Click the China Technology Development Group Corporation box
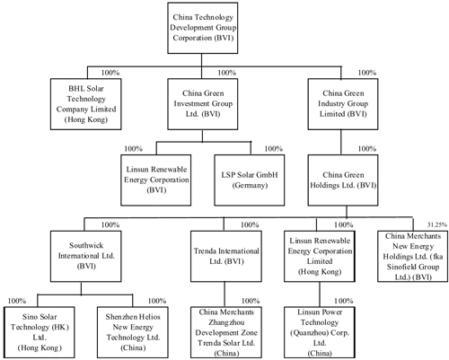click(x=203, y=28)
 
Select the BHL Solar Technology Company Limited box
click(x=86, y=104)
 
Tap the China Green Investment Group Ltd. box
click(x=203, y=104)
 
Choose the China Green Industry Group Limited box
click(x=343, y=104)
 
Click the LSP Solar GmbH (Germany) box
click(x=250, y=180)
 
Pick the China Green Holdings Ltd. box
click(x=343, y=180)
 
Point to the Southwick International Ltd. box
click(x=86, y=256)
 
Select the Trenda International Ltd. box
click(x=226, y=256)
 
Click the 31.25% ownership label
click(x=437, y=224)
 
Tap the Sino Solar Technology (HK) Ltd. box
click(x=40, y=332)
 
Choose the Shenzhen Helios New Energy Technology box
click(x=133, y=332)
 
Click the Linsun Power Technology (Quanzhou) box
click(x=320, y=332)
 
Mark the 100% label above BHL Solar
click(x=110, y=73)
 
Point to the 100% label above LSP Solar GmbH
click(x=274, y=149)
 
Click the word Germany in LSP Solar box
click(x=250, y=186)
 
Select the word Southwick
click(x=86, y=245)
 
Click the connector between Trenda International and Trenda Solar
click(x=224, y=294)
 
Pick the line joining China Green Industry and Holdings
click(x=341, y=142)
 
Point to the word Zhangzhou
click(x=226, y=322)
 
